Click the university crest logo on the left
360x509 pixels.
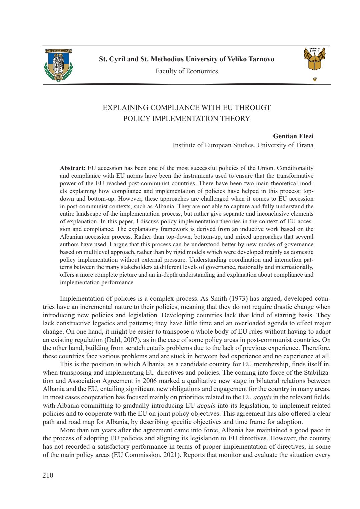tap(58, 65)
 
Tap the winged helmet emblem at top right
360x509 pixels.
tap(314, 59)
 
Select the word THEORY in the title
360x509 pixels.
tap(235, 119)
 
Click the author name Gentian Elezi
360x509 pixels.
tap(293, 136)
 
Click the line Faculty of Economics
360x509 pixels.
tap(186, 71)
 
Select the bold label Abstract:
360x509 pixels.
tap(73, 168)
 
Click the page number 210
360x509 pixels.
tap(48, 475)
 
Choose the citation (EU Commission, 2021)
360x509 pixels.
tap(146, 455)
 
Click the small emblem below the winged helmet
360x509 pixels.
tap(314, 79)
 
